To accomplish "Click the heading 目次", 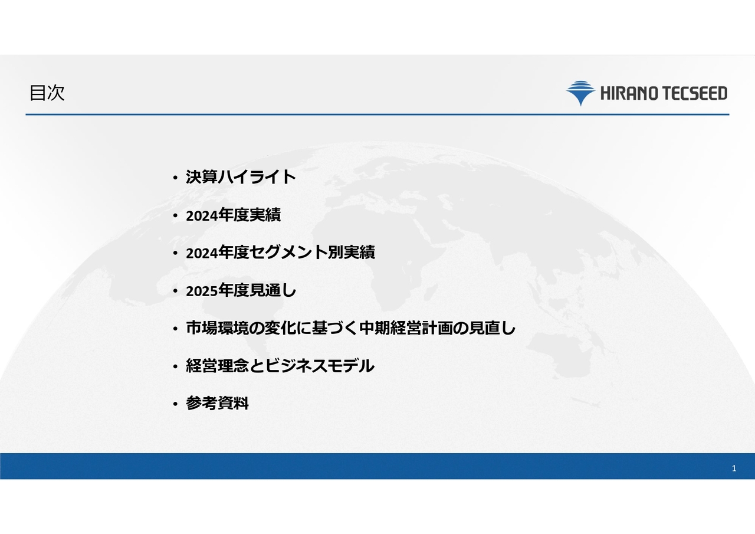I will click(47, 93).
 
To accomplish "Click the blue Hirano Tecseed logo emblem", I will click(580, 93).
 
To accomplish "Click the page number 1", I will click(734, 469).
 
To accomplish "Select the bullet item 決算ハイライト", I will click(241, 177).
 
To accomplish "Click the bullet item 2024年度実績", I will click(233, 215).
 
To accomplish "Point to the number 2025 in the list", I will click(201, 291).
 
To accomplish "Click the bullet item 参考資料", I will click(217, 404).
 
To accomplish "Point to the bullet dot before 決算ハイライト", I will click(175, 178).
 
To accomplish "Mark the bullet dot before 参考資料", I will click(175, 405).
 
